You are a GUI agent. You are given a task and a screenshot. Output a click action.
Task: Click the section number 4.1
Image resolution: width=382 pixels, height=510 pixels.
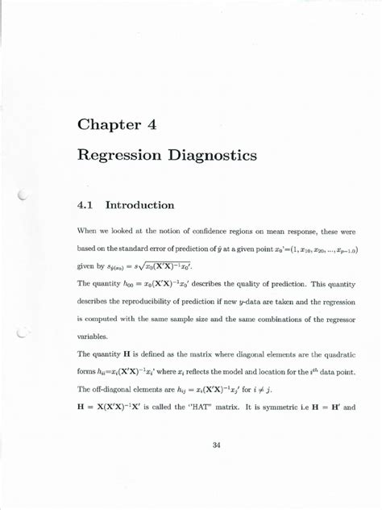85,205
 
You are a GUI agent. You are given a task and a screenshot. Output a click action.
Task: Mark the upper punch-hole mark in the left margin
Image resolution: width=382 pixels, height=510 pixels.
23,194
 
